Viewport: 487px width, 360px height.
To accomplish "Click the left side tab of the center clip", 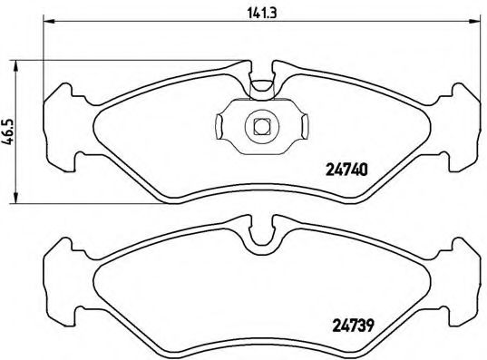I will pos(224,126).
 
